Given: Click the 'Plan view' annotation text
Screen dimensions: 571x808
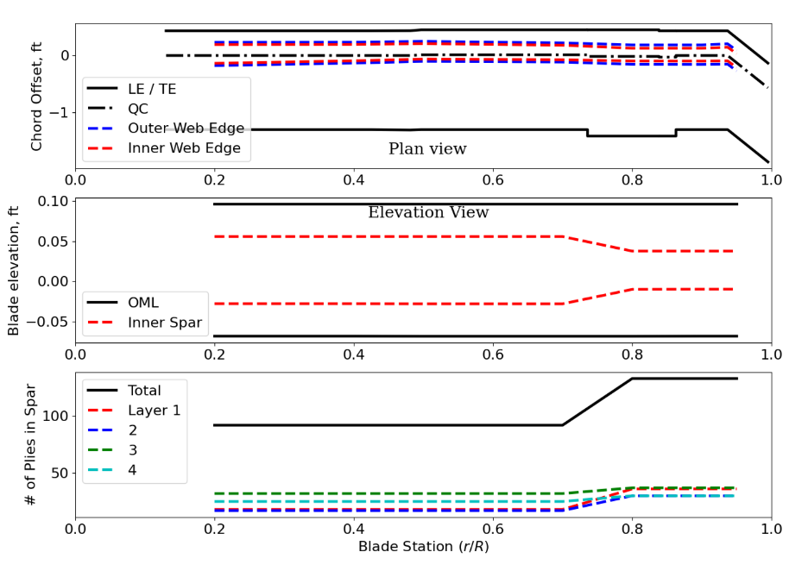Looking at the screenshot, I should point(427,149).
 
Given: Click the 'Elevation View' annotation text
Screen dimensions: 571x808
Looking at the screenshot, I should point(428,213).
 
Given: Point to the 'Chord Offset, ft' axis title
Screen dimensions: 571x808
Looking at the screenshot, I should point(36,96).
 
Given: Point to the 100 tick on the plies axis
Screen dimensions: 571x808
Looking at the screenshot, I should point(56,416).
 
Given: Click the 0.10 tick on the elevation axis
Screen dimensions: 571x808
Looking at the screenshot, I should point(51,202).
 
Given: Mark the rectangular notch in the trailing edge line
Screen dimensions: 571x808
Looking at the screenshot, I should point(631,135).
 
